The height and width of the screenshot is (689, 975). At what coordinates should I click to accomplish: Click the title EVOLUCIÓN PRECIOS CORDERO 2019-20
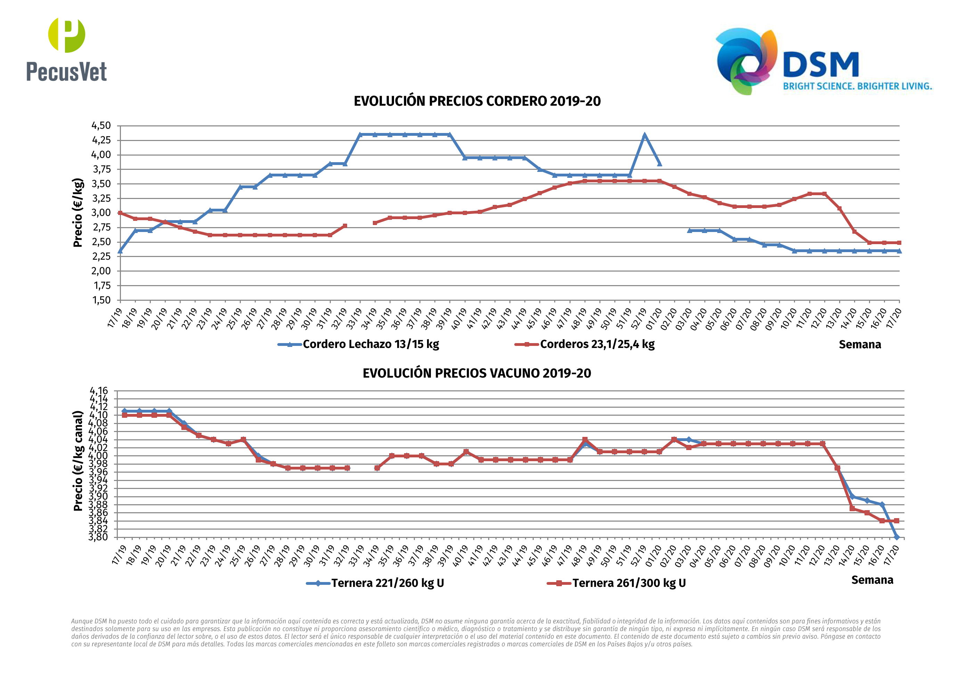477,101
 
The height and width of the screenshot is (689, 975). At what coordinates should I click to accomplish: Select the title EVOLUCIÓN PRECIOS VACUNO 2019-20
476,373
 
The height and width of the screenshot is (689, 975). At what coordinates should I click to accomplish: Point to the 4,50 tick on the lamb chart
101,126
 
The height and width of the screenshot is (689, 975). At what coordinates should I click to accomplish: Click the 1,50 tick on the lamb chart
101,300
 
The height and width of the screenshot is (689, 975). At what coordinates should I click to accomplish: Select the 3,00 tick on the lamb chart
101,213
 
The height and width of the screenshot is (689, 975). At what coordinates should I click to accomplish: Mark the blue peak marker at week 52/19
645,136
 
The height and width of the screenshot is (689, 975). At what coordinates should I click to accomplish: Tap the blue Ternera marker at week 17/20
896,537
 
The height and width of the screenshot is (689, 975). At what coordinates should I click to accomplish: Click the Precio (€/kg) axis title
78,212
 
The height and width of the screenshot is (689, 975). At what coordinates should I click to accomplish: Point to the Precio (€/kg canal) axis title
78,460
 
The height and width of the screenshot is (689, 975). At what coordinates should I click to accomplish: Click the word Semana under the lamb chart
860,345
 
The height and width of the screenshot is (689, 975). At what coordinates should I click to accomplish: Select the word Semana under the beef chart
872,580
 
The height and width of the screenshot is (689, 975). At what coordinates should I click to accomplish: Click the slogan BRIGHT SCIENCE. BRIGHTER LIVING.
857,86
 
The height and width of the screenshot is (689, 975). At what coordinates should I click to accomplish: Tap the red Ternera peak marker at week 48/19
585,440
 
